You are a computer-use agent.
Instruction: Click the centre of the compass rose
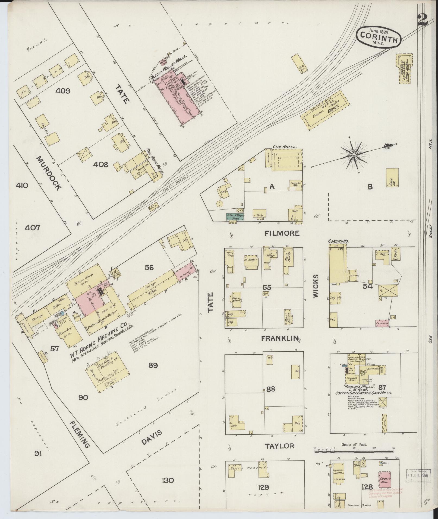click(354, 155)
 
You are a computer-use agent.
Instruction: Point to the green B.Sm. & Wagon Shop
click(235, 216)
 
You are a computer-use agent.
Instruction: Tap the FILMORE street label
click(282, 233)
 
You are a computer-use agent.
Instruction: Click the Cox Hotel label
click(285, 147)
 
